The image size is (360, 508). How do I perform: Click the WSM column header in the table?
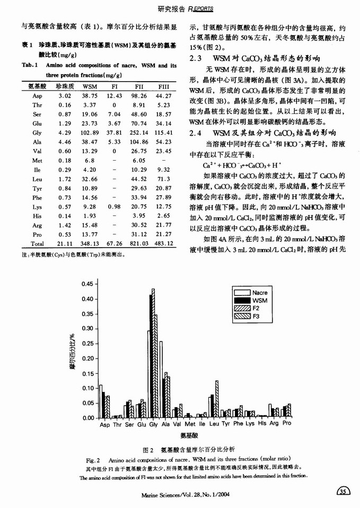coord(90,86)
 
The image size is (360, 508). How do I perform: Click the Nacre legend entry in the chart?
coord(260,292)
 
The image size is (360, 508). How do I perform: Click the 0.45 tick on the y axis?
coord(86,284)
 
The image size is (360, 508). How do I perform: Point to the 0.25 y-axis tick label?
coord(86,343)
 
